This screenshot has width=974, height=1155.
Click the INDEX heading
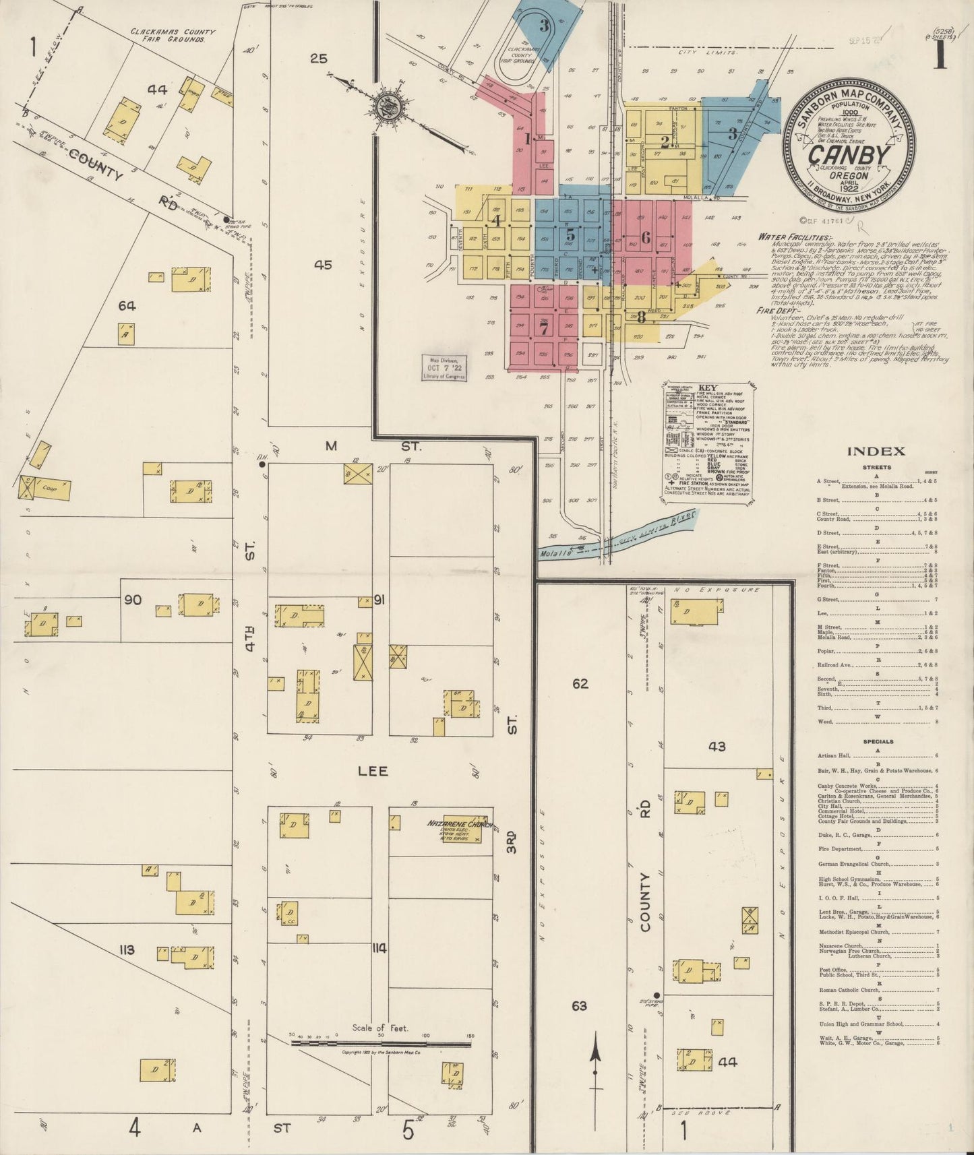(876, 451)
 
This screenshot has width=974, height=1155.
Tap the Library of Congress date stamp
(443, 369)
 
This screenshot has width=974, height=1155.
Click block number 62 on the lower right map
(580, 683)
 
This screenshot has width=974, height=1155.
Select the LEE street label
(373, 771)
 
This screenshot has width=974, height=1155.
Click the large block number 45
(322, 265)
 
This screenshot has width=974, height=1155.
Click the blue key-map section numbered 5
(570, 235)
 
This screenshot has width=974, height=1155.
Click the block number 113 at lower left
(127, 950)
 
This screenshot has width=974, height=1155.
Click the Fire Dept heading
(776, 312)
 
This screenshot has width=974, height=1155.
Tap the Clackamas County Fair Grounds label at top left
(173, 35)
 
